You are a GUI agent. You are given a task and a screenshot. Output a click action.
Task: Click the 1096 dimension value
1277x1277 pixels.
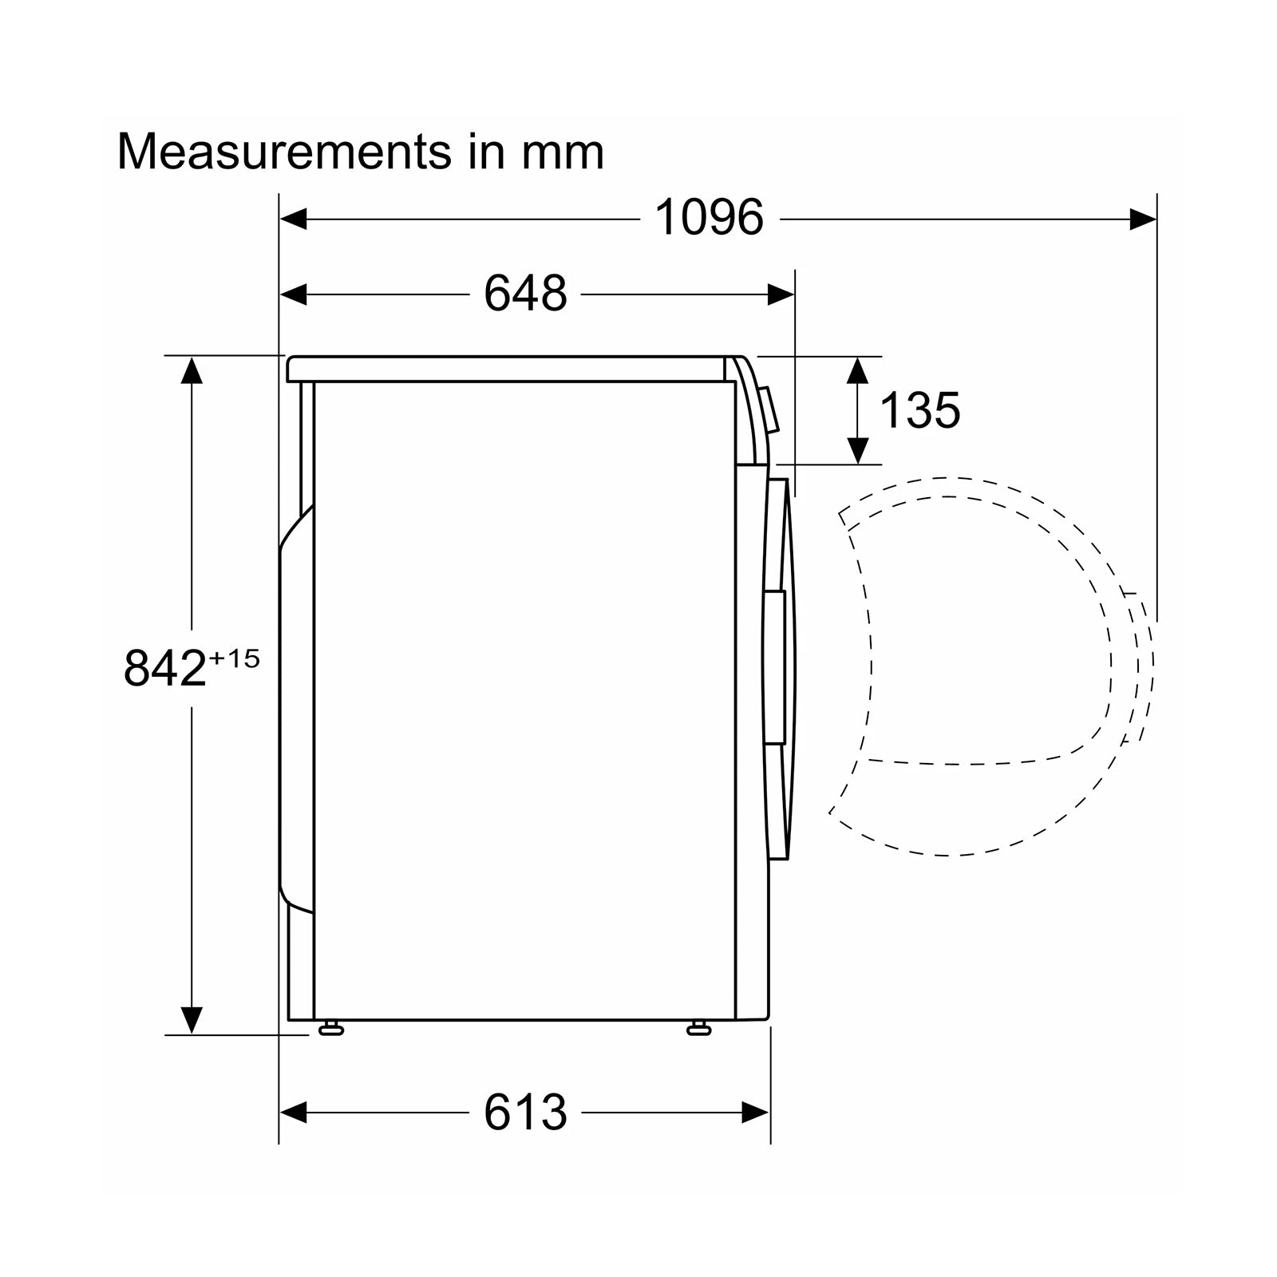(709, 217)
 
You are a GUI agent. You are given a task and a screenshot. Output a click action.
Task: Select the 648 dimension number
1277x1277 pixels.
(525, 294)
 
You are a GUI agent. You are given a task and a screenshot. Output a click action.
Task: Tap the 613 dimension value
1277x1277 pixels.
(525, 1112)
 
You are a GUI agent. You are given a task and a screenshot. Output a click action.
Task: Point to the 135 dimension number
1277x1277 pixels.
(919, 410)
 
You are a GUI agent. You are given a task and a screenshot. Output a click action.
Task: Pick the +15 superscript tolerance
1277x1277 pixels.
(235, 658)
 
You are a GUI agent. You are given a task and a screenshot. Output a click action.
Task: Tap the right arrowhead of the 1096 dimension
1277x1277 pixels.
(1143, 218)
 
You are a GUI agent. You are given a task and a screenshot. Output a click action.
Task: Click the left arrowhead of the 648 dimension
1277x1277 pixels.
(293, 295)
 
